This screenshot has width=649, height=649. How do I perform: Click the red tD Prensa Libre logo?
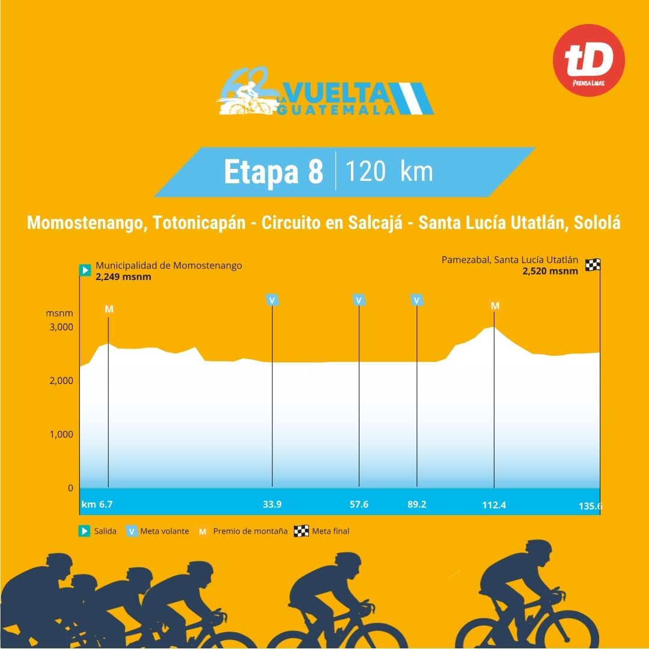click(x=588, y=60)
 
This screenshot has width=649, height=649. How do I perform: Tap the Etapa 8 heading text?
click(x=273, y=172)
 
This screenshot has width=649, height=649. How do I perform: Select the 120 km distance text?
click(x=389, y=172)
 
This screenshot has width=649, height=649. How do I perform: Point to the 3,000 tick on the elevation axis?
click(x=61, y=328)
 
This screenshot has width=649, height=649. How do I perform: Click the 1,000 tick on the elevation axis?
click(x=61, y=434)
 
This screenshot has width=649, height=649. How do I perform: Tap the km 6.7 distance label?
click(x=97, y=505)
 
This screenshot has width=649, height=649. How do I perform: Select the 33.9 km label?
click(x=272, y=505)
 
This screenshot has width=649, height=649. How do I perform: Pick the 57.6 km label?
click(x=359, y=505)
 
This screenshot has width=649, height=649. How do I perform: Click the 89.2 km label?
click(x=416, y=505)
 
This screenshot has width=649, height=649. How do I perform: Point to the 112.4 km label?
click(x=494, y=505)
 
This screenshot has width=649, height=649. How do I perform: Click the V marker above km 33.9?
click(x=272, y=300)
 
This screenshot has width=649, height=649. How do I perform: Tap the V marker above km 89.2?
click(x=416, y=300)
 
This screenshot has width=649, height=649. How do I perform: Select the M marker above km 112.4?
click(x=495, y=306)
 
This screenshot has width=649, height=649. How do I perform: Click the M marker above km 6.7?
click(x=109, y=309)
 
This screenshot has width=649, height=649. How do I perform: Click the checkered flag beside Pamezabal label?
click(x=593, y=265)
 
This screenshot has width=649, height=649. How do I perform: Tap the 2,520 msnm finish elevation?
click(x=550, y=271)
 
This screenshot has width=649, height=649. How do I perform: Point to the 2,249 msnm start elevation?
click(x=123, y=276)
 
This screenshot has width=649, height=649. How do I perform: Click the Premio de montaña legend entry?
click(x=243, y=531)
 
